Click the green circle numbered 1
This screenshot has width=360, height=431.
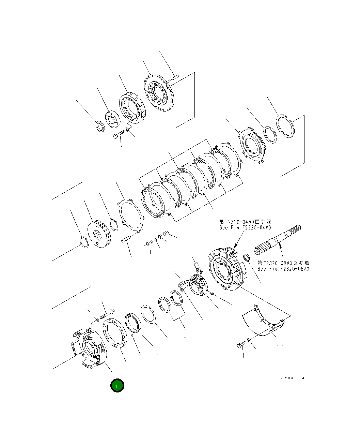coord(117,386)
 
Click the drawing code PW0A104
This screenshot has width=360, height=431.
coord(293,378)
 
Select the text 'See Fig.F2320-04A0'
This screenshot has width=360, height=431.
coord(245,228)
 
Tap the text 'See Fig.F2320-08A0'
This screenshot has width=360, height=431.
coord(283,269)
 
